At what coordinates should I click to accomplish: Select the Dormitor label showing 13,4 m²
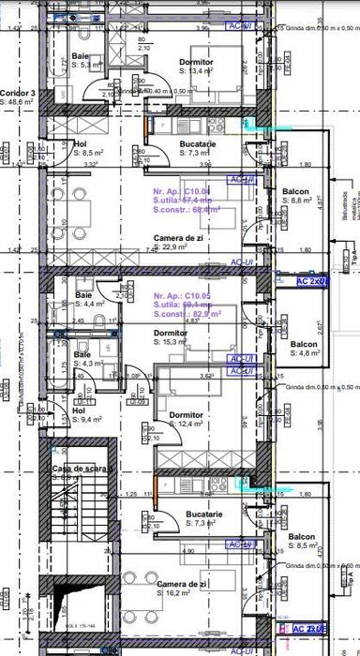[x=196, y=62]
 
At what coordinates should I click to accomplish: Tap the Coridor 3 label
[x=18, y=94]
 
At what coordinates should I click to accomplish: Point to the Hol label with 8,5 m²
[x=80, y=143]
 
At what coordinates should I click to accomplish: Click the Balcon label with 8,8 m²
[x=297, y=191]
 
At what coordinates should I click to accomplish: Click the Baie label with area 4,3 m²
[x=82, y=355]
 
